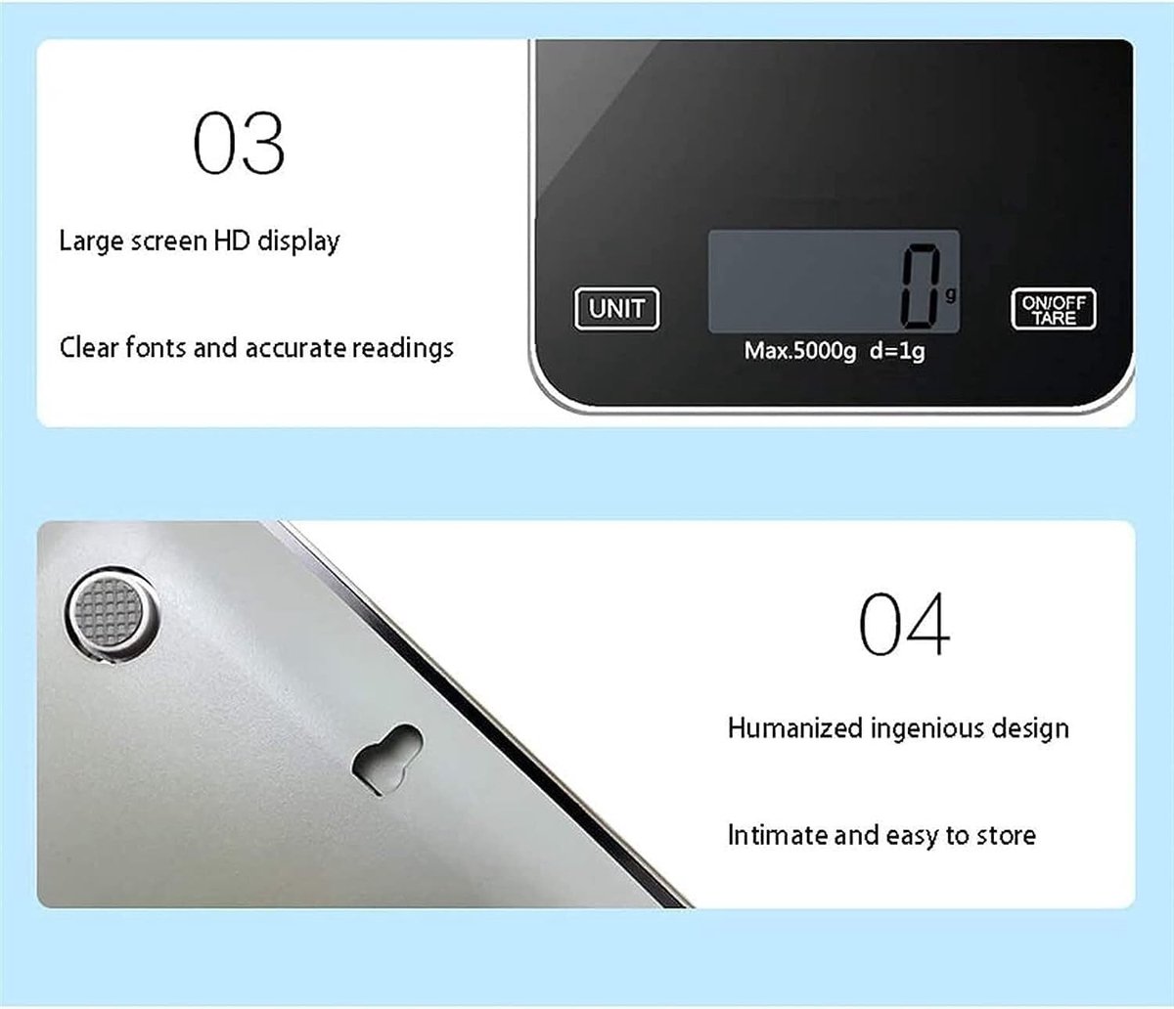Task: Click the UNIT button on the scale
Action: pyautogui.click(x=616, y=309)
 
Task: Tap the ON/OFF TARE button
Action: pyautogui.click(x=1053, y=309)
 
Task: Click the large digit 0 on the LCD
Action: pyautogui.click(x=921, y=286)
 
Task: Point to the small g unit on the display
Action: pyautogui.click(x=950, y=294)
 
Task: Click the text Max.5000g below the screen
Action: pyautogui.click(x=799, y=351)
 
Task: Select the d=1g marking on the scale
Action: pyautogui.click(x=897, y=351)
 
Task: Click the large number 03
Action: pyautogui.click(x=239, y=143)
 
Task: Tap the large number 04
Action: pyautogui.click(x=904, y=624)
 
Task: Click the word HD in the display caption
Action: pyautogui.click(x=232, y=241)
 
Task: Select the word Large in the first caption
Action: pyautogui.click(x=91, y=242)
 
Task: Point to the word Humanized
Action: pyautogui.click(x=795, y=727)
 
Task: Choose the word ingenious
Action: pyautogui.click(x=926, y=729)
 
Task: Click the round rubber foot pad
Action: pyautogui.click(x=112, y=614)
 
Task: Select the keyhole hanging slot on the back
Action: pyautogui.click(x=387, y=759)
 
